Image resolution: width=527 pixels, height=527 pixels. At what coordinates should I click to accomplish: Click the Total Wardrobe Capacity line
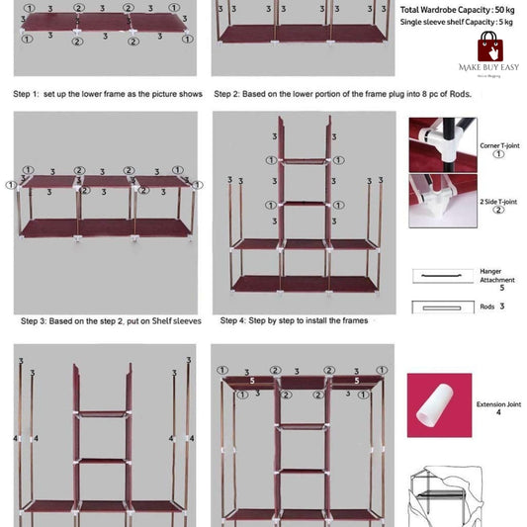[461, 10]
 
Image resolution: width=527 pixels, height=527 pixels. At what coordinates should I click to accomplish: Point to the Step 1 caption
[108, 94]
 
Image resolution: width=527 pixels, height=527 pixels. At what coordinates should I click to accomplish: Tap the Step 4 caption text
[294, 321]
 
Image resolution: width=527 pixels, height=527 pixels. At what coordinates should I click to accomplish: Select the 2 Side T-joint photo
[442, 202]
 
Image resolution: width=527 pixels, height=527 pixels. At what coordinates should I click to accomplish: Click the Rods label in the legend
[490, 307]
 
